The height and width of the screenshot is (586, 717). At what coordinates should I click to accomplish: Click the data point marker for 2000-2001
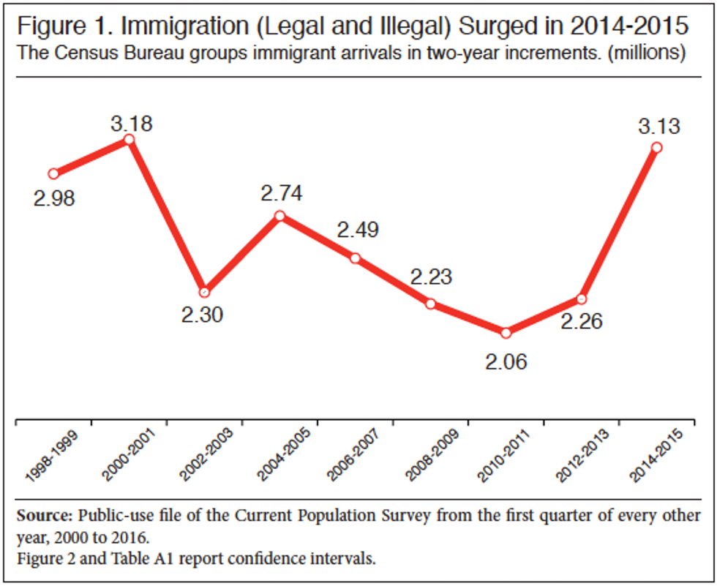(129, 139)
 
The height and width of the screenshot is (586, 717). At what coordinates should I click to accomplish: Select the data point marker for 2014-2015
(656, 148)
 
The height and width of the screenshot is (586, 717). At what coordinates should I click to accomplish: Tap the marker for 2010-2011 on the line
(506, 333)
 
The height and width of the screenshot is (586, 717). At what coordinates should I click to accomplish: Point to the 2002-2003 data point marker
(204, 291)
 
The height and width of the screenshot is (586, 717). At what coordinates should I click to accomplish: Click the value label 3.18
(132, 123)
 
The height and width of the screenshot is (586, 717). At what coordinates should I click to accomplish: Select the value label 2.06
(506, 360)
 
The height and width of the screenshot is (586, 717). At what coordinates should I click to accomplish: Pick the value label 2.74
(282, 194)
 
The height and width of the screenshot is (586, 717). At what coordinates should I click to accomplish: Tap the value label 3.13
(658, 126)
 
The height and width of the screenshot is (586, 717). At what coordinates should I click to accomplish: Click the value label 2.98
(54, 198)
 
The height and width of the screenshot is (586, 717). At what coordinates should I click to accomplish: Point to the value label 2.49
(358, 230)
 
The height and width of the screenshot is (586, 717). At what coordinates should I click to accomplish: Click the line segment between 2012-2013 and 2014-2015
(619, 223)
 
